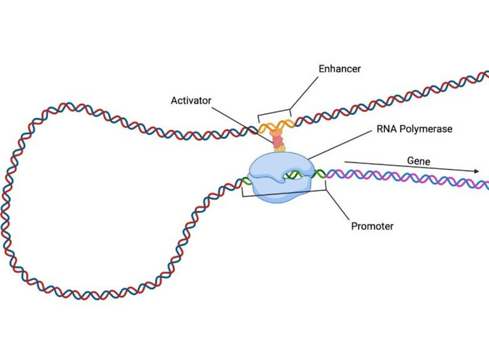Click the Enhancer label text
point(339,68)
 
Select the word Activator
point(191,101)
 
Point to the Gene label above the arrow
point(418,161)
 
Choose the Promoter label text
point(372,226)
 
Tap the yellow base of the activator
point(280,149)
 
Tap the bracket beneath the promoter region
point(283,193)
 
